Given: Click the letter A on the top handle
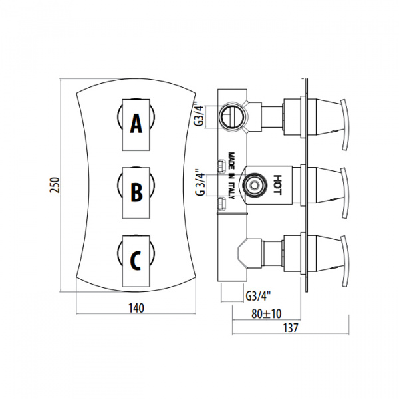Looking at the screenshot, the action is (136, 124).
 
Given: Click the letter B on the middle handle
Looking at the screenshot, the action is (136, 192).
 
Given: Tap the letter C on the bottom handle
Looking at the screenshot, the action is (136, 261).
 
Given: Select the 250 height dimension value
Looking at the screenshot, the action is (55, 185).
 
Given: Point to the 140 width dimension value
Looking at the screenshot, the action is (136, 308).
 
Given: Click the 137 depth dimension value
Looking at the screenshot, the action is (291, 328).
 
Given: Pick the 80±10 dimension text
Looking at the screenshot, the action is (267, 314).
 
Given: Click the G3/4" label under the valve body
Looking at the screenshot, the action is (258, 296).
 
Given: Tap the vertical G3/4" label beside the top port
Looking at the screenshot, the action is (199, 114).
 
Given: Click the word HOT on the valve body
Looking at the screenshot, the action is (277, 185).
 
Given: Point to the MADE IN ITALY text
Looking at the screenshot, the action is (231, 176).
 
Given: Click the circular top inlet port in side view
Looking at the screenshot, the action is (232, 116).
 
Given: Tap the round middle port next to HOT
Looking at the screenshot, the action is (254, 185).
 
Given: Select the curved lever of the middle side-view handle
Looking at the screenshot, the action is (344, 193).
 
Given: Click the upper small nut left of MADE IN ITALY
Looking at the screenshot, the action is (221, 166).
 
